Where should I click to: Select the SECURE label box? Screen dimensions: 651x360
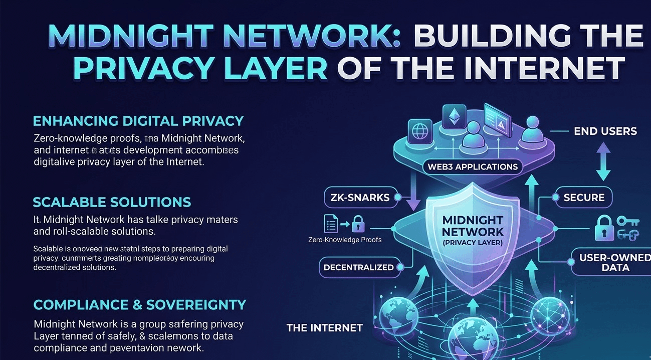584,197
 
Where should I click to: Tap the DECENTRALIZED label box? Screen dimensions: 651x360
358,267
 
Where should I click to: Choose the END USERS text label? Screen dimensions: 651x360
605,131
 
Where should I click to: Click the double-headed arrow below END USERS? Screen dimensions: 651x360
603,161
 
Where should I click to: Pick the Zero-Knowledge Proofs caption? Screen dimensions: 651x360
345,240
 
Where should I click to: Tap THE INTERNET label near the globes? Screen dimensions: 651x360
324,328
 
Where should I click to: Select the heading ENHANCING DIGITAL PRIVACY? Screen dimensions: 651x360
138,121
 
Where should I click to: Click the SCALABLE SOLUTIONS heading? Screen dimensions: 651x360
112,202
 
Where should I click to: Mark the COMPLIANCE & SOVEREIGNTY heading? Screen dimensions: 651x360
140,304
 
